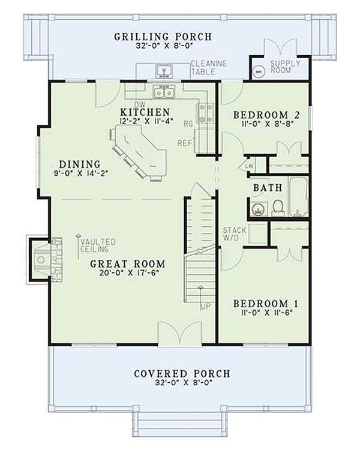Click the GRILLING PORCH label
[163, 37]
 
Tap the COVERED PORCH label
[182, 374]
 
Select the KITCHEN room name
[145, 112]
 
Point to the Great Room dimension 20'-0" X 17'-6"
[129, 273]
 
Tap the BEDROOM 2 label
[266, 115]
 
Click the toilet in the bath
[278, 208]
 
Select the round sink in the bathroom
[260, 209]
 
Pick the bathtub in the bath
[298, 197]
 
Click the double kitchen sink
[164, 92]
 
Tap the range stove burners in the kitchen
[205, 113]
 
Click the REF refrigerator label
[184, 143]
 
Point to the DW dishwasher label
[140, 104]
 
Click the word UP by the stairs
[205, 307]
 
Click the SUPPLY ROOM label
[285, 67]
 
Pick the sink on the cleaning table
[164, 71]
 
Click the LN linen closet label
[250, 166]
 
